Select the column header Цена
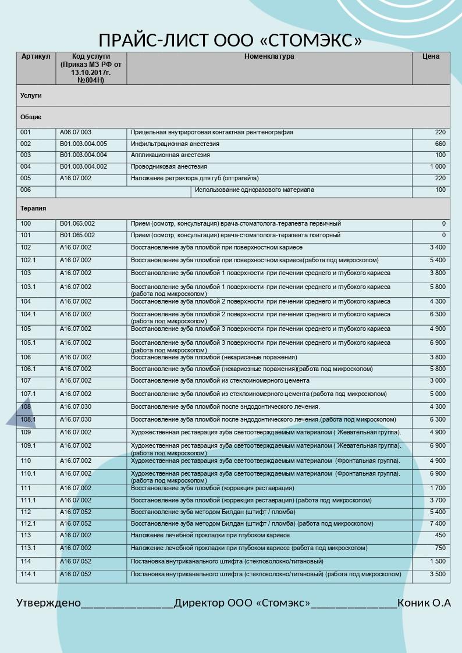[x=431, y=56]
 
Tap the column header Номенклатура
[x=269, y=56]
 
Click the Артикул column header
[x=36, y=56]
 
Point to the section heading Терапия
[x=33, y=208]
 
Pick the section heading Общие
[x=31, y=117]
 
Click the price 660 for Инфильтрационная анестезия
[x=440, y=144]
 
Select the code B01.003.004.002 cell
[x=83, y=166]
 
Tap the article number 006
[x=26, y=190]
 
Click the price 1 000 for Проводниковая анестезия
[x=438, y=166]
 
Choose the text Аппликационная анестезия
[x=170, y=155]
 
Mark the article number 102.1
[x=28, y=260]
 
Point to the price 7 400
[x=438, y=523]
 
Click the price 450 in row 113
[x=440, y=535]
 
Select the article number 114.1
[x=28, y=574]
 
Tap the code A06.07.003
[x=76, y=133]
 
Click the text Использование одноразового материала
[x=254, y=190]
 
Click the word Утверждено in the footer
[x=48, y=603]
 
